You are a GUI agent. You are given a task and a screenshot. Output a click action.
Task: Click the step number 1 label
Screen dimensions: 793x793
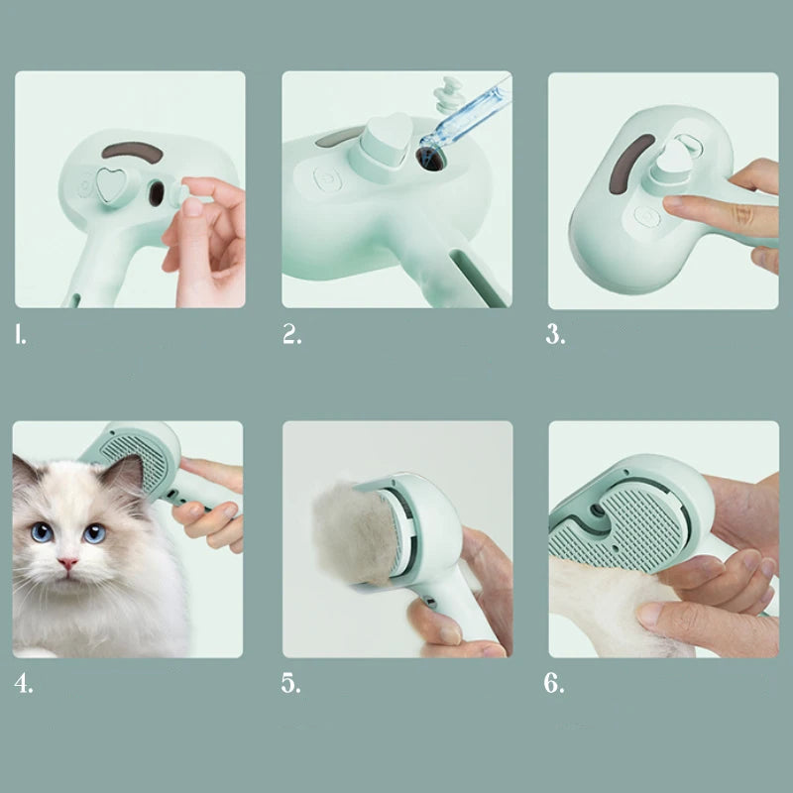[x=21, y=334]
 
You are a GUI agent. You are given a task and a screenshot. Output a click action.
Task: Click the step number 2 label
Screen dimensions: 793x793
[x=291, y=334]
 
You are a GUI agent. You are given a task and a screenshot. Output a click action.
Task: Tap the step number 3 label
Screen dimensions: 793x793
[x=555, y=334]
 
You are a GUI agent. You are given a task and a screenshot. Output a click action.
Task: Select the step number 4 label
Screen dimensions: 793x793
[x=23, y=683]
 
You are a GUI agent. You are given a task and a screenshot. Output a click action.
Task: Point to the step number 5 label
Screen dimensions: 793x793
[x=290, y=683]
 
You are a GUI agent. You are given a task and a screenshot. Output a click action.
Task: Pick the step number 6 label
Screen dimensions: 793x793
[x=555, y=683]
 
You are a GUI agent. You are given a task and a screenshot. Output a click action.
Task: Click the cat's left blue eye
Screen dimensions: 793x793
[x=42, y=532]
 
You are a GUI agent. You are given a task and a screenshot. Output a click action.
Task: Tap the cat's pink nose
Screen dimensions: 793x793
[x=66, y=563]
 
